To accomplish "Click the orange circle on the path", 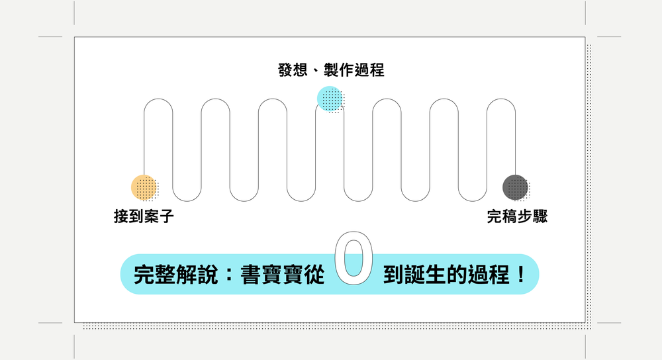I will coord(144,187).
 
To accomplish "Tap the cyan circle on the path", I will coord(330,99).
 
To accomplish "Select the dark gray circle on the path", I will coord(515,187).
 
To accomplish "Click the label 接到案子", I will coord(144,216).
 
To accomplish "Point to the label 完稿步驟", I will coord(517,216).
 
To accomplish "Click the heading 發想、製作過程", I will coord(331,70).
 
